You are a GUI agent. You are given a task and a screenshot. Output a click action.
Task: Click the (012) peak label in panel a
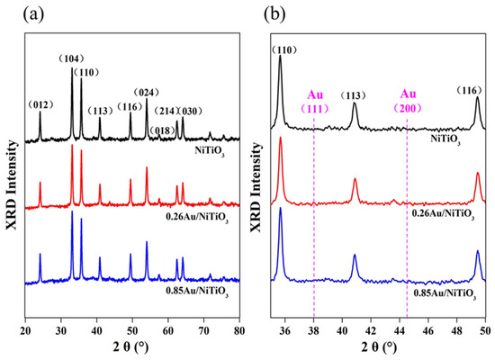pos(40,104)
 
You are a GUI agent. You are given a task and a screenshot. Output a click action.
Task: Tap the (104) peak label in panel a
pos(71,58)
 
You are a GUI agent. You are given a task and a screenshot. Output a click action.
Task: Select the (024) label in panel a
pos(146,93)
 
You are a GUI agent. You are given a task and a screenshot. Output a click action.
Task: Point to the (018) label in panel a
pos(162,130)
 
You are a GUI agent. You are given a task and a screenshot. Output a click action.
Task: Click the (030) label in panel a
pos(190,112)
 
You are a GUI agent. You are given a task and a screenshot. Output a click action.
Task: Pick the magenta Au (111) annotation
pos(315,102)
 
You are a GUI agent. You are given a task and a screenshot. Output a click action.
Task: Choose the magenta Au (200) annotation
pos(408,101)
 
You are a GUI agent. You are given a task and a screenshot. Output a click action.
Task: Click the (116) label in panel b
pos(470,91)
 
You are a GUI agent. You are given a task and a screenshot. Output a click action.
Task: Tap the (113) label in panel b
pos(354,95)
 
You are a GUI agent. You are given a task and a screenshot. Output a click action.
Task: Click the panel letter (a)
pos(33,14)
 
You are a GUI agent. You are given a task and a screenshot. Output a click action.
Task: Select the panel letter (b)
pos(274,14)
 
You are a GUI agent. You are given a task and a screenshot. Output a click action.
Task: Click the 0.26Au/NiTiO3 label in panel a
pos(197,218)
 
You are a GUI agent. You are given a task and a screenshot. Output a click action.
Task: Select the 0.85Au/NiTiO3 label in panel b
pos(445,293)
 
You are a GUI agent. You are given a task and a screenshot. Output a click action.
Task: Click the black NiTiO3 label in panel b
pos(445,139)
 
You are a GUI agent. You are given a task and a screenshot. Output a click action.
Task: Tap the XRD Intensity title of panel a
pos(12,185)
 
